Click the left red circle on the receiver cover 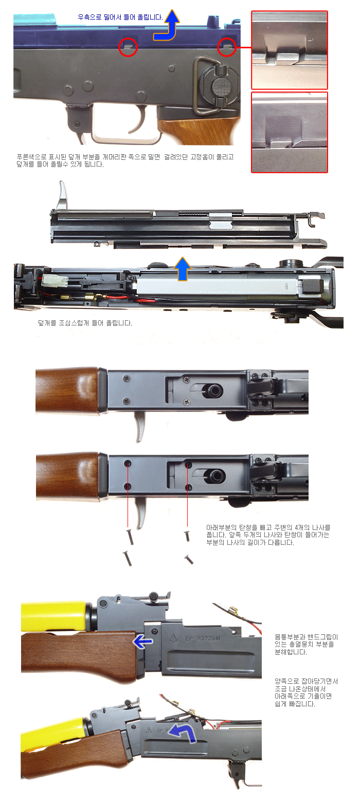point(128,38)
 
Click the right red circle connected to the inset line point(227,38)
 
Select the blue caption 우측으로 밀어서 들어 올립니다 point(120,17)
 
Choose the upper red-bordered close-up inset point(290,50)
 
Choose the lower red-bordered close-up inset point(290,133)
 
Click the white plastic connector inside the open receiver point(53,280)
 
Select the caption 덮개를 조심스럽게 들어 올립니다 point(85,323)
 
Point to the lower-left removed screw point(128,558)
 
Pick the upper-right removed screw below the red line point(187,536)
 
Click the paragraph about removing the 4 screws point(268,535)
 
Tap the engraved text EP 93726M point(203,639)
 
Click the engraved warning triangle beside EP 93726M point(173,638)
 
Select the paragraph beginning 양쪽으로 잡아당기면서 point(306,692)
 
